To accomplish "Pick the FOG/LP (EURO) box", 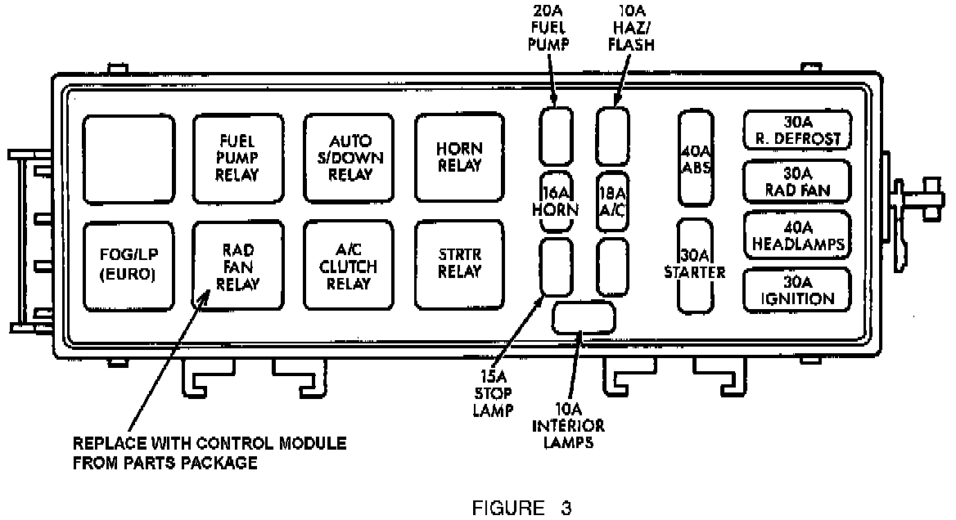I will [x=128, y=265].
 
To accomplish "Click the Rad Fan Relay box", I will [x=238, y=265].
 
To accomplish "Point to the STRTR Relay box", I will [x=459, y=265].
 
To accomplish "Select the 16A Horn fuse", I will [x=559, y=201].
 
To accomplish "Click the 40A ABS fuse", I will [x=696, y=159].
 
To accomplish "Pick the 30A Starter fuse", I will [x=695, y=265].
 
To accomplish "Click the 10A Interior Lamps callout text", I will [x=568, y=426].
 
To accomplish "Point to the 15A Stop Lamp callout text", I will [x=493, y=392].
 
